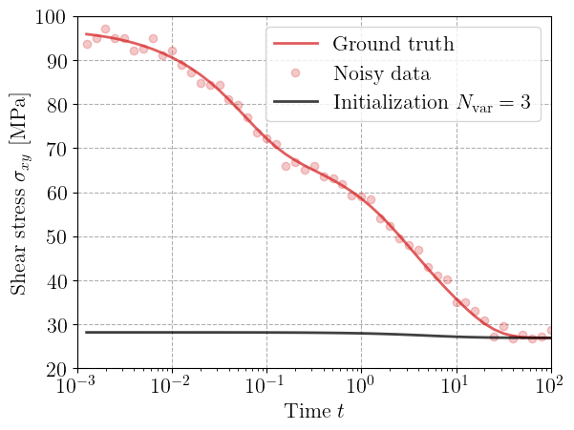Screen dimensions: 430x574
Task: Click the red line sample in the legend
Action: point(297,44)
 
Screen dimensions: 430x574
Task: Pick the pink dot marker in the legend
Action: point(297,73)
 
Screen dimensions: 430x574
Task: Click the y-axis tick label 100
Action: point(48,17)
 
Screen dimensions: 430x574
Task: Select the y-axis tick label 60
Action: point(53,193)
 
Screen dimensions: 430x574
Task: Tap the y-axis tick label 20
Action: point(53,369)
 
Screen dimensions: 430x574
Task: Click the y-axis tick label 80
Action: point(53,105)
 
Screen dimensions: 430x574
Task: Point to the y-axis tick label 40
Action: point(53,281)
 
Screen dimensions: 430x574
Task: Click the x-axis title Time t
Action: point(314,413)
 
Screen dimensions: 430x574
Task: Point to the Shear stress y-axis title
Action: point(19,194)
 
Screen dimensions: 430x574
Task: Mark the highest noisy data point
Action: point(105,30)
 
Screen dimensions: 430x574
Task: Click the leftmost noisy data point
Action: point(87,44)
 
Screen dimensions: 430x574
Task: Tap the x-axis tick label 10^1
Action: point(457,388)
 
